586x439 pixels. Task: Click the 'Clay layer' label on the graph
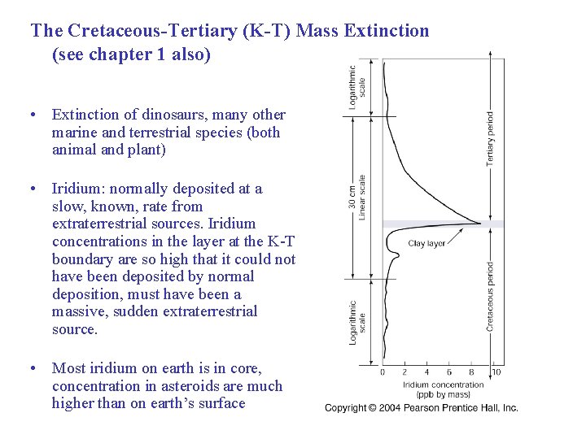click(426, 243)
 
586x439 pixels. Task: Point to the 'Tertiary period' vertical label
click(490, 138)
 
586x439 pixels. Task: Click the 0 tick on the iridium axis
click(383, 372)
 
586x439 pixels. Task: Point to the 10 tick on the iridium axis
click(496, 372)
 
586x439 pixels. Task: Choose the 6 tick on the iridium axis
click(449, 372)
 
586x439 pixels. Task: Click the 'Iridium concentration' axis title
click(443, 385)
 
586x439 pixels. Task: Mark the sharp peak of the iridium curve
click(481, 223)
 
